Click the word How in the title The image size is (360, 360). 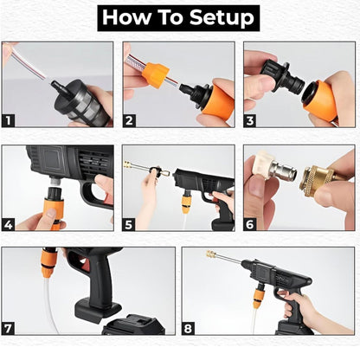[x=127, y=17]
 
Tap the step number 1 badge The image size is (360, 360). [x=9, y=119]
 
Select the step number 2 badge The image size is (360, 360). [x=130, y=119]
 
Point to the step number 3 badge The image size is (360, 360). [x=250, y=119]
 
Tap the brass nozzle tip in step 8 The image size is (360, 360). [x=210, y=254]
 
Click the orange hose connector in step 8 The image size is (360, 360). [x=259, y=298]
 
